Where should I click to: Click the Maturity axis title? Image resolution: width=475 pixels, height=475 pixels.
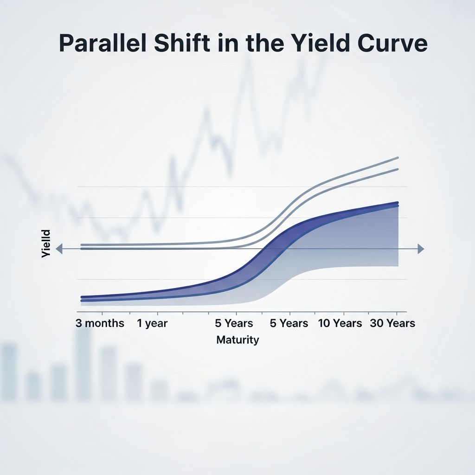237,340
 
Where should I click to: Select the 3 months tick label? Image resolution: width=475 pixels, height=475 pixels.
100,323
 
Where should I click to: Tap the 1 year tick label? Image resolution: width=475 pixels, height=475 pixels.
152,323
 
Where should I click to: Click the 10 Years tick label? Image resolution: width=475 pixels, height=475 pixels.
340,323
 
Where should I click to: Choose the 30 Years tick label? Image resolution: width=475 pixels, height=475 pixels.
392,323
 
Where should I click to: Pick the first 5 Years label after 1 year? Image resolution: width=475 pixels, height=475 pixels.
234,323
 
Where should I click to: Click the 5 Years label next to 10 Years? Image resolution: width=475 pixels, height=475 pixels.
289,323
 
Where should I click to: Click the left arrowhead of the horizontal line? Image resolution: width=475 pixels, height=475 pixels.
59,249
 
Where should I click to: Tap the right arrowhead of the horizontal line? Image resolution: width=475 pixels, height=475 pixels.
420,249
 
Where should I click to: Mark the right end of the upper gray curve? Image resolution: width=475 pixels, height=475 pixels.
398,158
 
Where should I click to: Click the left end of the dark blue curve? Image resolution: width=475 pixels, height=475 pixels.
82,297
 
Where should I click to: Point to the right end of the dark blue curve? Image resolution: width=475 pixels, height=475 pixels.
397,203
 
